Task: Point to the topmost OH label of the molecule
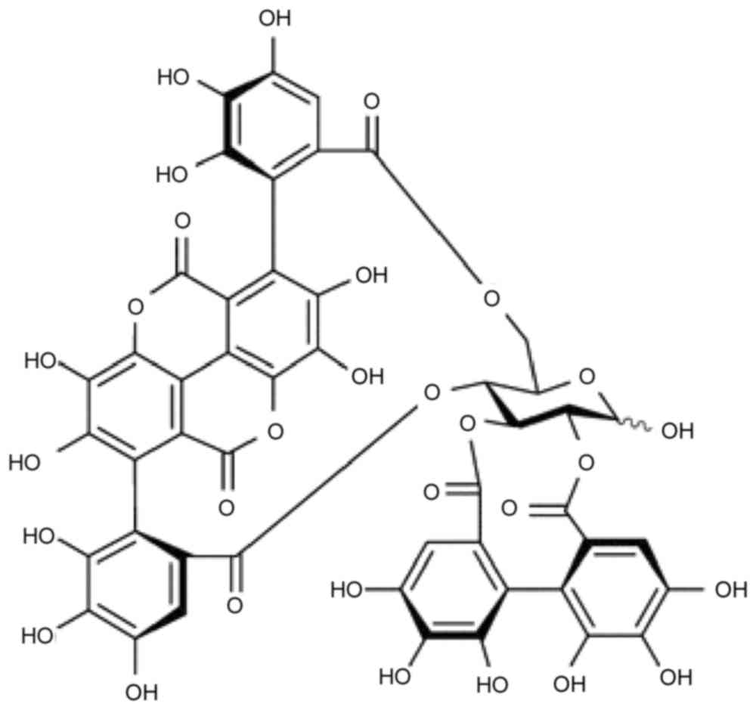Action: (274, 17)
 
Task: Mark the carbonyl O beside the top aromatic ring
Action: (370, 101)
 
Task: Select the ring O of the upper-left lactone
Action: (135, 306)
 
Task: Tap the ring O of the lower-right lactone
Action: (274, 432)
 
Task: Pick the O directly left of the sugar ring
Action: (431, 392)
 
